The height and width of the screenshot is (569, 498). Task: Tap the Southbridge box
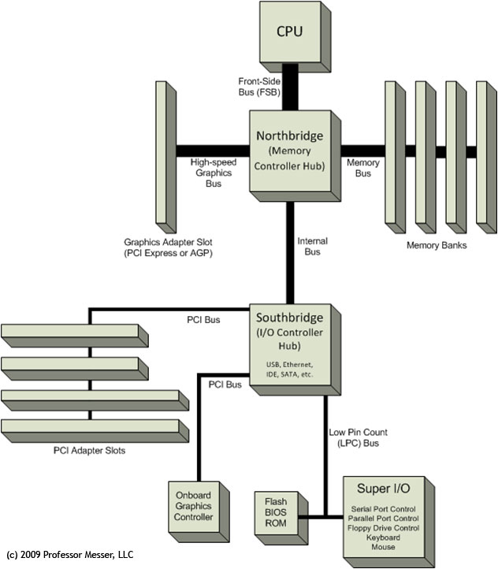click(289, 347)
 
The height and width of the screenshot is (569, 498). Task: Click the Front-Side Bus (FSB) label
click(258, 86)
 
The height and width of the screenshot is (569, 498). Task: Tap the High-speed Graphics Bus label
click(212, 173)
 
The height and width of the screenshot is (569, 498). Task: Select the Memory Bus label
click(363, 168)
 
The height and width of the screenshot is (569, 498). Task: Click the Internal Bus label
click(312, 246)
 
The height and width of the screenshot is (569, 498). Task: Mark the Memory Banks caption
click(437, 245)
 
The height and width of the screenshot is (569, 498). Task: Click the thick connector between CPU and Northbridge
click(290, 87)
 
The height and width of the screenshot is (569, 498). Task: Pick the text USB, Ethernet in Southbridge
click(290, 364)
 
